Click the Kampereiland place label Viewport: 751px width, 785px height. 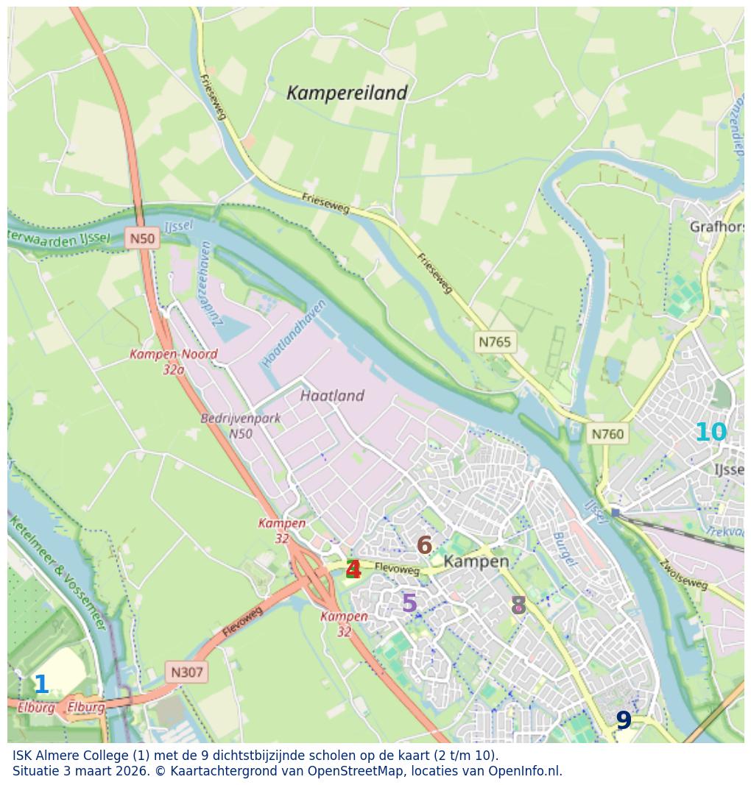click(x=346, y=93)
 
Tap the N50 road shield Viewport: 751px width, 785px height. click(x=142, y=238)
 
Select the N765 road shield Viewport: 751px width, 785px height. click(x=494, y=341)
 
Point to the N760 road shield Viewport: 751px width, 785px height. click(x=607, y=434)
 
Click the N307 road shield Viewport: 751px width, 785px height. click(x=186, y=672)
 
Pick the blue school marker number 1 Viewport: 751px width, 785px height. click(x=41, y=685)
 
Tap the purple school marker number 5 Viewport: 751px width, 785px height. click(x=409, y=603)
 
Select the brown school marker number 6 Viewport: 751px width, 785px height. click(x=424, y=545)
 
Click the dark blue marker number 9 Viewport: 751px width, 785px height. click(x=624, y=720)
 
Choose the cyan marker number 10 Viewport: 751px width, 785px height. click(x=711, y=433)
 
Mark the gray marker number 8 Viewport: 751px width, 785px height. click(x=518, y=606)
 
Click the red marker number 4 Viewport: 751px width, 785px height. click(x=353, y=569)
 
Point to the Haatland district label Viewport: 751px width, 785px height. click(x=332, y=396)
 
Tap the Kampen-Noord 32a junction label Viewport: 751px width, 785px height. click(x=174, y=361)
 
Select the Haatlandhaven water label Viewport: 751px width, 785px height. click(x=294, y=333)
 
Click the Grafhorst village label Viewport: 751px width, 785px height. click(x=716, y=227)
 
